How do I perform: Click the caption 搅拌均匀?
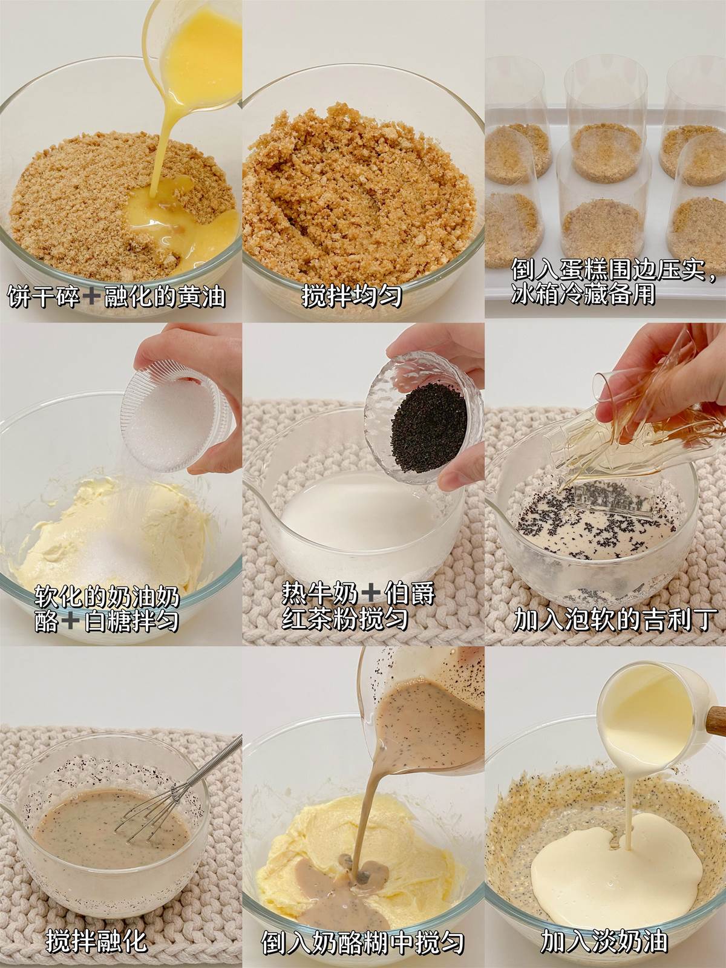pyautogui.click(x=352, y=295)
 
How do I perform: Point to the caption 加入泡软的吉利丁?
pyautogui.click(x=613, y=620)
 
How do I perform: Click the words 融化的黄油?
pyautogui.click(x=165, y=296)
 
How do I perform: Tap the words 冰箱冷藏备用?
pyautogui.click(x=583, y=293)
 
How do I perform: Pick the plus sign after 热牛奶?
pyautogui.click(x=370, y=594)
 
